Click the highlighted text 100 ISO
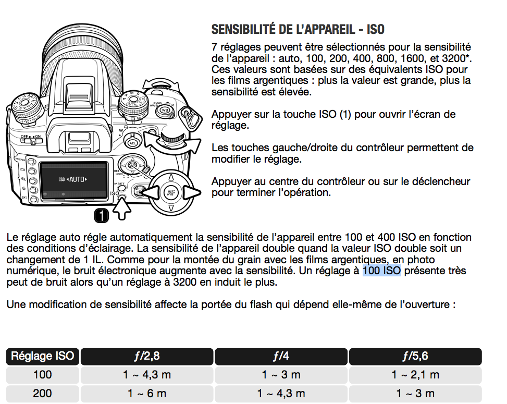381,271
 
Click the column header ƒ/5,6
415,357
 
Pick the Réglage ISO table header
43,357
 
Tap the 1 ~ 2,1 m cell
415,375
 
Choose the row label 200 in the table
43,394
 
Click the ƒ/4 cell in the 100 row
281,375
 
